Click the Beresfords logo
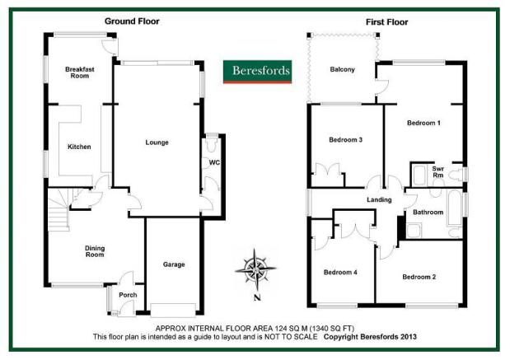click(257, 72)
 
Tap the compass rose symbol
click(256, 269)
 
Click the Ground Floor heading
click(132, 21)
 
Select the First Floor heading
click(386, 22)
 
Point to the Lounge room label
click(157, 143)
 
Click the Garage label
click(174, 264)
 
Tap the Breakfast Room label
click(80, 72)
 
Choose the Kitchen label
click(79, 147)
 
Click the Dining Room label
click(95, 251)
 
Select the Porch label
click(128, 295)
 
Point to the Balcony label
click(342, 69)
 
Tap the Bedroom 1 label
click(423, 123)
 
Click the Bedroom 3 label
click(345, 140)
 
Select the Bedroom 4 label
click(340, 272)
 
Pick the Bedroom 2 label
click(419, 277)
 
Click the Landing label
click(379, 199)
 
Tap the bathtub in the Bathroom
click(454, 208)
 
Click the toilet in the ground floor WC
click(212, 145)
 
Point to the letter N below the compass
click(257, 297)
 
